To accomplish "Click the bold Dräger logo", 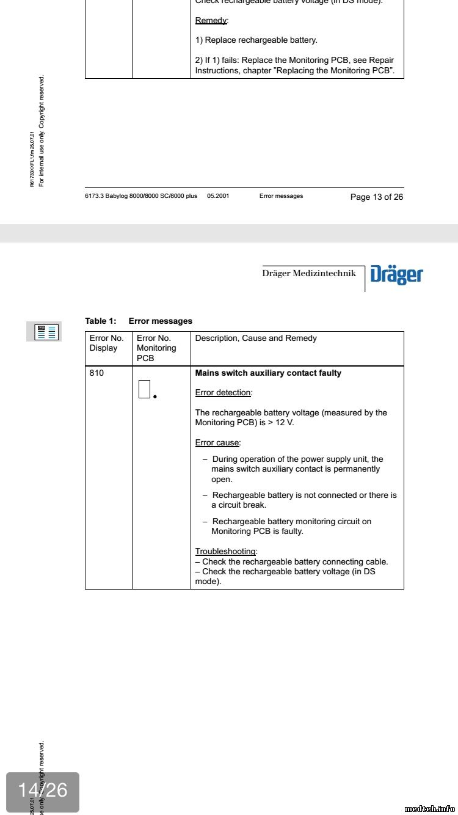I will pos(396,275).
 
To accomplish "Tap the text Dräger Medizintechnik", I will pos(309,273).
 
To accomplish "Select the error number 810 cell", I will pos(97,373).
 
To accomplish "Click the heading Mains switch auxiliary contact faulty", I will pos(268,373).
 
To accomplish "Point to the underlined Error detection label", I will pos(223,393).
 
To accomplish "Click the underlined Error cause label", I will pos(217,442).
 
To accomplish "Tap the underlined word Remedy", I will pos(211,20).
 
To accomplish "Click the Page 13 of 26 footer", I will pos(376,197).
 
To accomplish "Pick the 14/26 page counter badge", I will pos(43,791).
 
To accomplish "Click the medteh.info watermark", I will pos(430,808).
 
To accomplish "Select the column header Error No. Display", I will pos(106,343).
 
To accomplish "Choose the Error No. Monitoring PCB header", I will pos(156,348).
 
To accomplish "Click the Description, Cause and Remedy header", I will pos(256,338).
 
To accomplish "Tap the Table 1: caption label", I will pos(101,321).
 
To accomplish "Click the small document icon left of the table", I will pos(44,332).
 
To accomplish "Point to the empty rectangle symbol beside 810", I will pos(144,389).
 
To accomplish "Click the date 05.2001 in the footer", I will pos(218,196).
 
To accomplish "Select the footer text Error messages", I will pos(281,196).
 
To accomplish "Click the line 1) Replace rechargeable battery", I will pos(256,40).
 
